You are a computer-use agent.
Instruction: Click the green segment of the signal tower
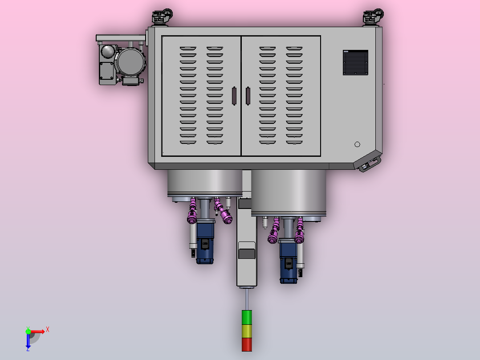pos(247,317)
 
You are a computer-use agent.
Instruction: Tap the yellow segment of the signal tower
pos(247,331)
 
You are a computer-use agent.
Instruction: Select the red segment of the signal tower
pos(247,345)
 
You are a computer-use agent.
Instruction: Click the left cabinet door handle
pos(234,96)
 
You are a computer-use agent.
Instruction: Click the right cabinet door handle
pos(248,96)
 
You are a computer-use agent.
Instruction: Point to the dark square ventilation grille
pos(355,62)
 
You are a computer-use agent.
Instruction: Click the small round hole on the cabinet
pos(357,144)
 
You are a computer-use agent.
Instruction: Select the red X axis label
pos(48,330)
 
